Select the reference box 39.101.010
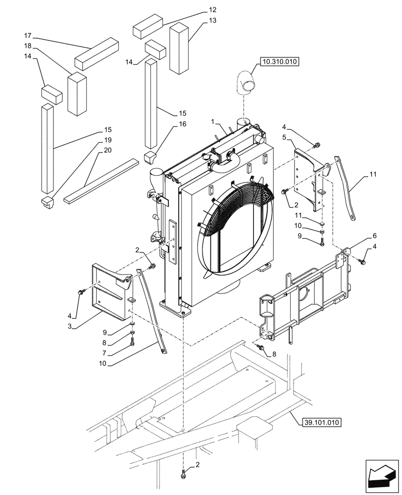(x=321, y=422)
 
